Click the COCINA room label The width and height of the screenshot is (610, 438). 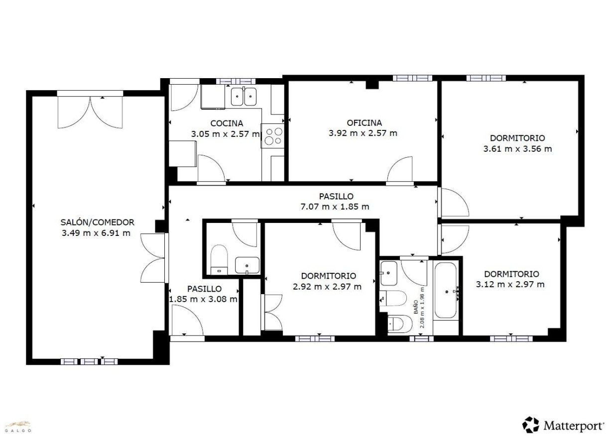point(227,123)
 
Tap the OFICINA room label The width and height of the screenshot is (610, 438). point(364,123)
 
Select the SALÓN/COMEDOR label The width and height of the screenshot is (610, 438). point(97,222)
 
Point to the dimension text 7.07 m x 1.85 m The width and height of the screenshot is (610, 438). point(335,207)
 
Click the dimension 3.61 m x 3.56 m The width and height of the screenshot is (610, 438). point(517,149)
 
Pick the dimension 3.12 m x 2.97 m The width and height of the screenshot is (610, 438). point(510,285)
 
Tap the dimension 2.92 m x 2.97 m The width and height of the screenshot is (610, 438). point(327,287)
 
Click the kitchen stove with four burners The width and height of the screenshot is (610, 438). point(272,136)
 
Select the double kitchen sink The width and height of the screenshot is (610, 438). point(244,97)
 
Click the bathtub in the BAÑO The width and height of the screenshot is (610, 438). point(446,290)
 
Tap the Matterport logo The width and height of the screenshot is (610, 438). point(563,425)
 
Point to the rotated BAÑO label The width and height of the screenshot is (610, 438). point(416,307)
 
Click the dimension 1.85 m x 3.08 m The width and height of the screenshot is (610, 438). point(203,299)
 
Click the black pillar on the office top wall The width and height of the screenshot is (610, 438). point(372,85)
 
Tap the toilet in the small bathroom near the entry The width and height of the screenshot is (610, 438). point(219,259)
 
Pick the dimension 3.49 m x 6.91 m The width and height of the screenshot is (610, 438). point(96,233)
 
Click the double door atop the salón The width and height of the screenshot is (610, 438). point(90,111)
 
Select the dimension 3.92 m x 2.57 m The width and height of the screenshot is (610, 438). point(363,133)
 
